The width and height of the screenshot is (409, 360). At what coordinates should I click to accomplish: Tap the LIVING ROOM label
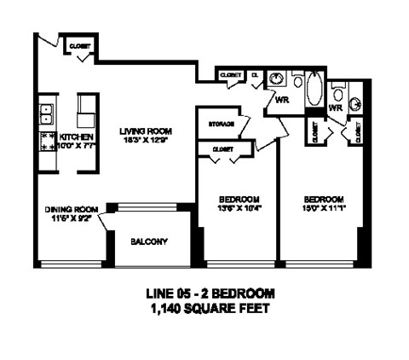[x=146, y=131]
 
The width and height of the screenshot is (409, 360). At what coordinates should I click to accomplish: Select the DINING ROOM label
[x=72, y=208]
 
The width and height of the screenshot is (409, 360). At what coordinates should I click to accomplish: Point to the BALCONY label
[x=148, y=241]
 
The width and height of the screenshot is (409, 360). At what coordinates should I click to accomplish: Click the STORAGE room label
[x=221, y=124]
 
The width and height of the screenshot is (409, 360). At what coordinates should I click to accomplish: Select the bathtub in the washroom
[x=314, y=89]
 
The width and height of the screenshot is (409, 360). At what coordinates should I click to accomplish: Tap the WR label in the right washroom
[x=335, y=108]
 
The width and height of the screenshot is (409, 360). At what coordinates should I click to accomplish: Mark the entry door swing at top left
[x=49, y=44]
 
